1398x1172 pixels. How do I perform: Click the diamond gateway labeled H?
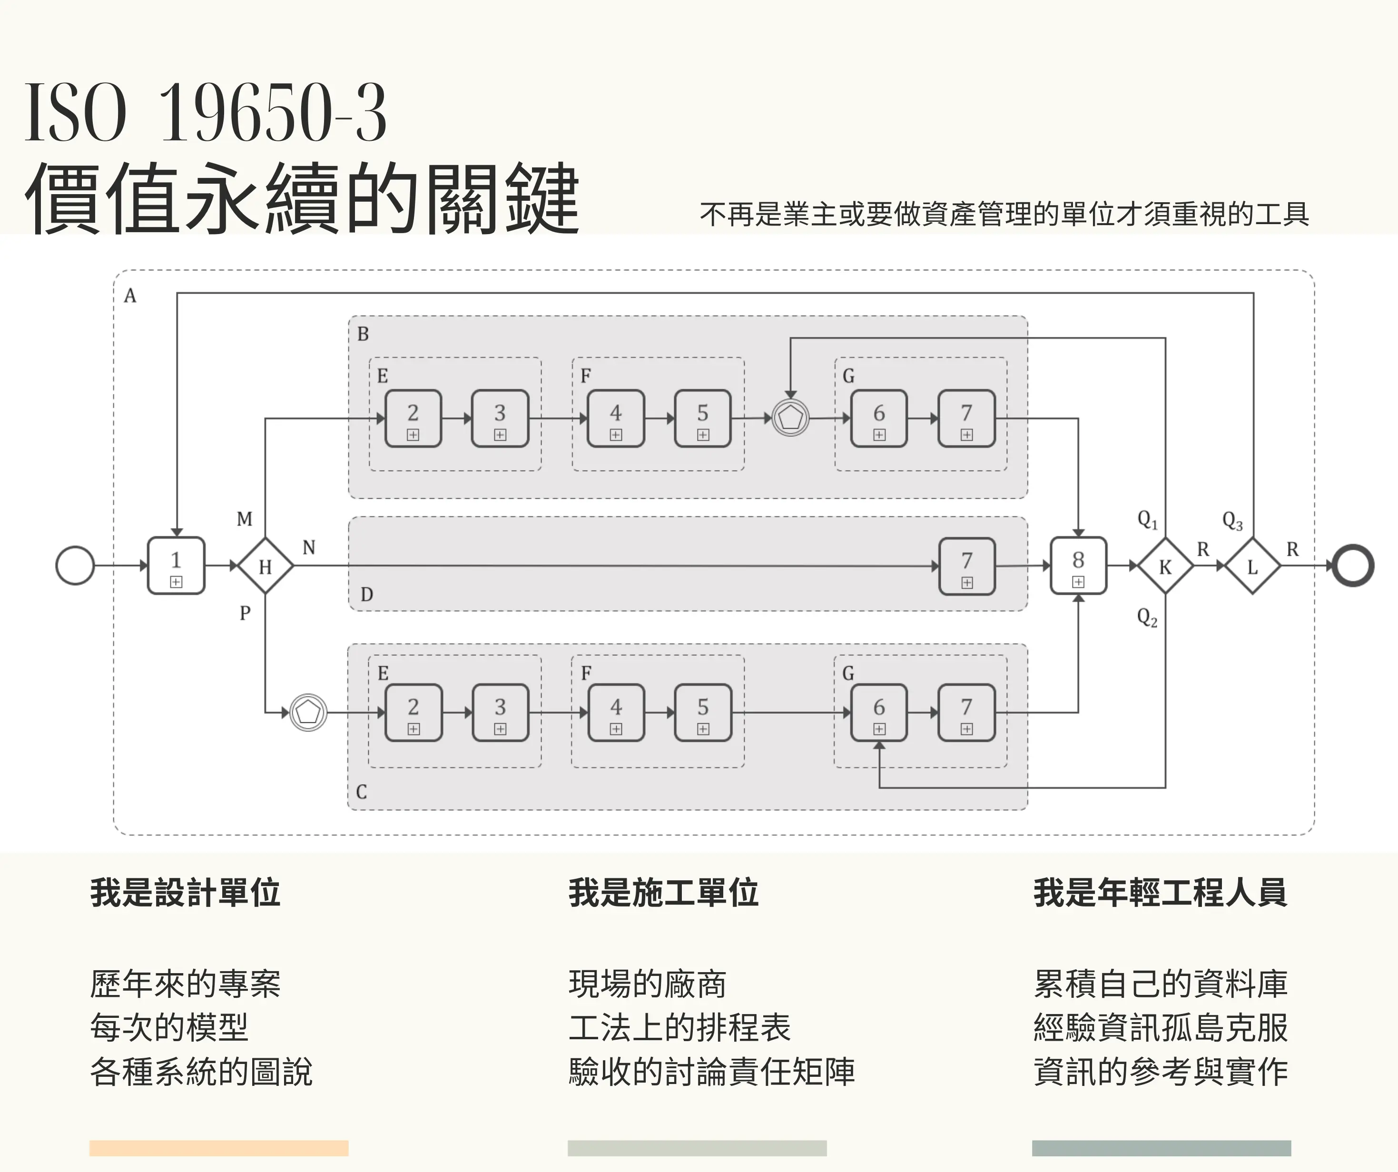pos(266,566)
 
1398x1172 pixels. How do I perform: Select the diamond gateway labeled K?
pos(1165,566)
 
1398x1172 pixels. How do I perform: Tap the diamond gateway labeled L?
pos(1253,566)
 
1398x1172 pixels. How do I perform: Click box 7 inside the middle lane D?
pos(966,566)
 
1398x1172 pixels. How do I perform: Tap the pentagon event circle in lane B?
pos(790,418)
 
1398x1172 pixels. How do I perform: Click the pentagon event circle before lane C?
pos(308,712)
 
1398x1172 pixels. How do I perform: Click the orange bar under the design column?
pos(218,1148)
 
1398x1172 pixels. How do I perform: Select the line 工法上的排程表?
pos(679,1027)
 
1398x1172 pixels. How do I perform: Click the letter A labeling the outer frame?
pos(130,295)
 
